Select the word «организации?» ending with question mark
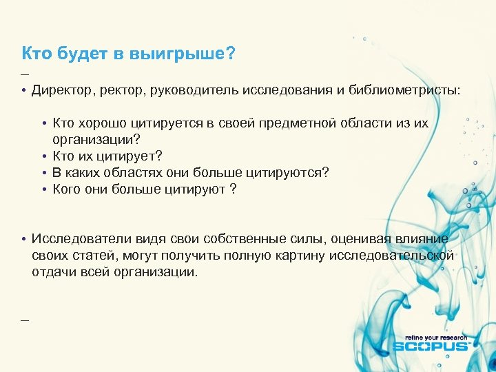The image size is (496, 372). (91, 140)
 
